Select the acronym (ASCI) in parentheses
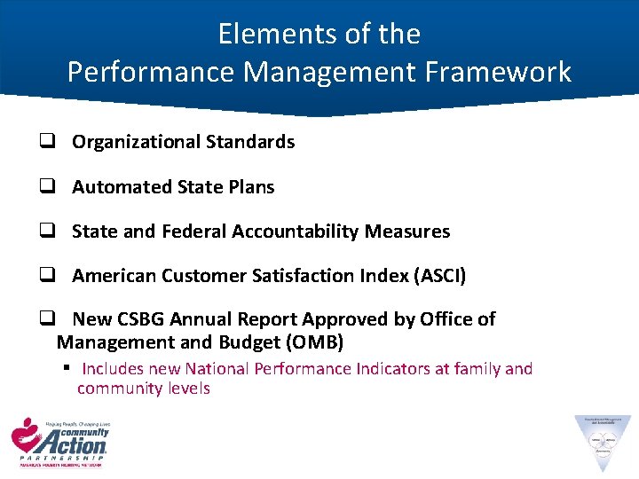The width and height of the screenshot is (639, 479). coord(438,276)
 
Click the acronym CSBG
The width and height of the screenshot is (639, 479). coord(141,319)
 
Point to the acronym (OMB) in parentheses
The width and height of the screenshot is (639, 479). coord(311,342)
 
